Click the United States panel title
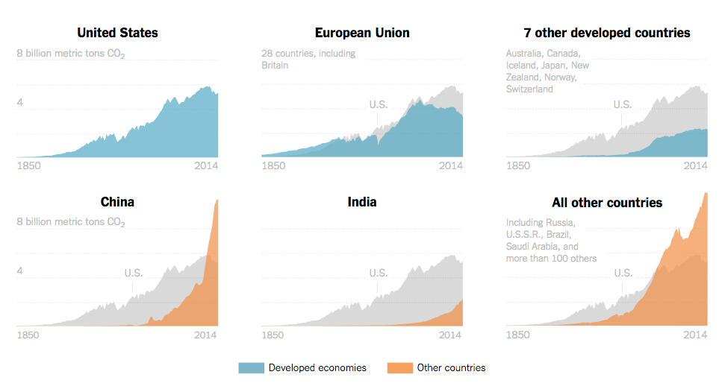[118, 33]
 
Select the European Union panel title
[362, 33]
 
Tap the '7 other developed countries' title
[607, 33]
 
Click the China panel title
[118, 202]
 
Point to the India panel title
[362, 202]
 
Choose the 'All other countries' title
[607, 203]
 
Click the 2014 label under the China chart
[206, 335]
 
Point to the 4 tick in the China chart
[20, 271]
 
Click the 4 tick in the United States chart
[20, 102]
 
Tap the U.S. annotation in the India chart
[378, 274]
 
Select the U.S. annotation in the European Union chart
[378, 104]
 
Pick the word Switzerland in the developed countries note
[529, 89]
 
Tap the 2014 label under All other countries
[695, 335]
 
